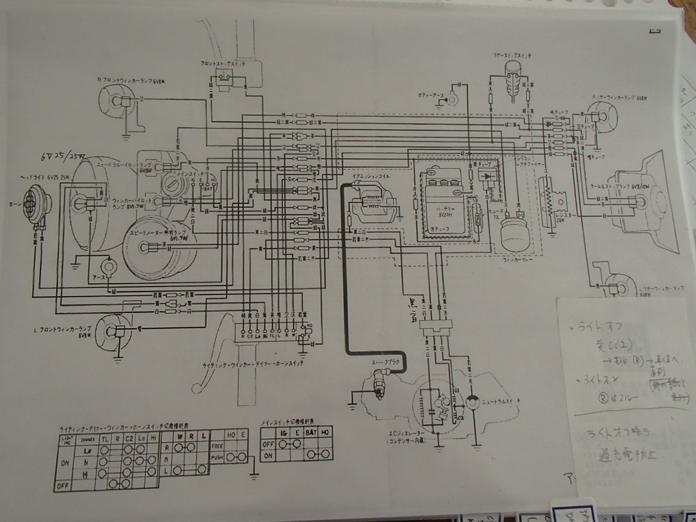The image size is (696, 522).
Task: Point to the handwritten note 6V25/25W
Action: click(63, 157)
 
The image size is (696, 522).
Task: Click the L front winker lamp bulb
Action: click(112, 330)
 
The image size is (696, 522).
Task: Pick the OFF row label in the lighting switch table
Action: click(65, 483)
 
